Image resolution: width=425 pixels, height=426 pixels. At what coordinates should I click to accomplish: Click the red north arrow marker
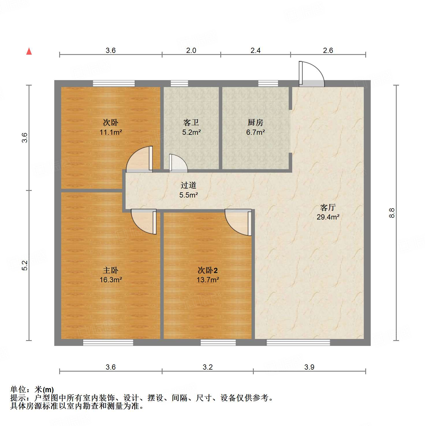click(x=29, y=51)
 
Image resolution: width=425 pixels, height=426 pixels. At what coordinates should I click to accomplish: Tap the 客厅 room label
click(x=328, y=207)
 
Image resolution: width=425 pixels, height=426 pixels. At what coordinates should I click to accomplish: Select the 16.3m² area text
click(x=111, y=280)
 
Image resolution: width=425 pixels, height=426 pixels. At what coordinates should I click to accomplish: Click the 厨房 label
click(x=255, y=123)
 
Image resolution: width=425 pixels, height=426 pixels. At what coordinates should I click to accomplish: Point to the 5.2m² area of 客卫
click(x=191, y=132)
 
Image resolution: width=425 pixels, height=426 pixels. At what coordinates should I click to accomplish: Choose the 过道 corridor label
click(x=188, y=185)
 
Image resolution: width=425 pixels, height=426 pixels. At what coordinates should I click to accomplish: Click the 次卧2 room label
click(x=207, y=270)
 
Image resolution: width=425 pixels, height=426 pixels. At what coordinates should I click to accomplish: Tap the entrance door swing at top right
click(x=311, y=74)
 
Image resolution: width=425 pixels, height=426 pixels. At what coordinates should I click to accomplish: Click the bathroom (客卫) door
click(x=178, y=163)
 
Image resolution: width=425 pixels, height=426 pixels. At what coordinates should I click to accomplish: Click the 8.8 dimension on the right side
click(x=392, y=213)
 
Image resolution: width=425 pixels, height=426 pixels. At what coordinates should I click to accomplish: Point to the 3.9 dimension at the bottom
click(x=309, y=367)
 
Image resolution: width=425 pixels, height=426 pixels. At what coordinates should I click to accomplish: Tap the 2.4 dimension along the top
click(x=255, y=51)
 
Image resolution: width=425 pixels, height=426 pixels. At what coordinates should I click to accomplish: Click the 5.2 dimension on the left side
click(x=25, y=265)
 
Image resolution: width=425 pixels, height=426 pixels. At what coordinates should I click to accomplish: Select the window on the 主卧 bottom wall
click(x=108, y=342)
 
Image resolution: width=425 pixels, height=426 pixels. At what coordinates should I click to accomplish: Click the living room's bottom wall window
click(x=298, y=342)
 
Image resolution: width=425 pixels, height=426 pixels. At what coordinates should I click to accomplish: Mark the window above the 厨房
click(x=268, y=83)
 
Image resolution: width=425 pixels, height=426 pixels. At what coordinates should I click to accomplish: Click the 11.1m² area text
click(x=111, y=132)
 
